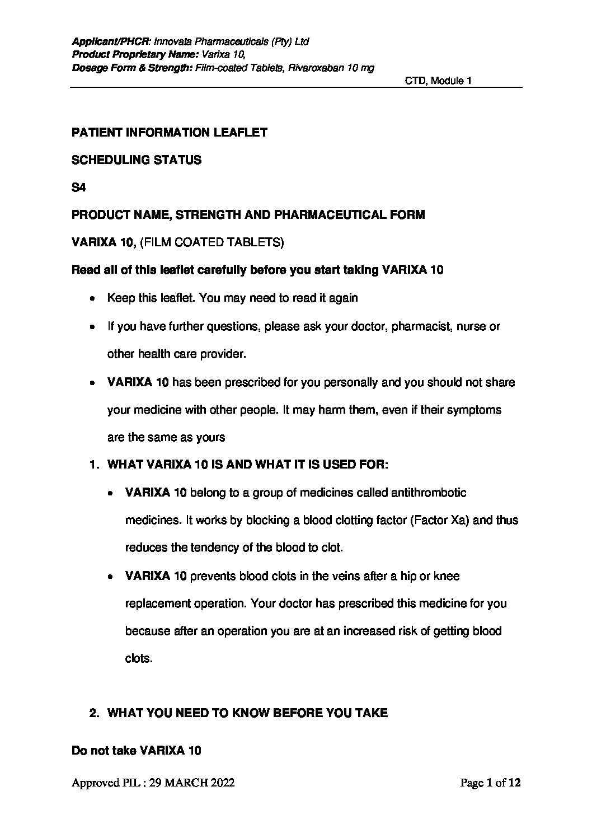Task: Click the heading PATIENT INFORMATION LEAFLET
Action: [170, 133]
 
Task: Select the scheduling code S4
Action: [78, 188]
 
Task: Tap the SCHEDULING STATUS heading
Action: [137, 160]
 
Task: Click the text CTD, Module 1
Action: [438, 81]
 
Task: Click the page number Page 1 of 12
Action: [490, 783]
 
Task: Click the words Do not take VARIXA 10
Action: [137, 751]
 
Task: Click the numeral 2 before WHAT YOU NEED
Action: [94, 713]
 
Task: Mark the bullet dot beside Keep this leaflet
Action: [92, 299]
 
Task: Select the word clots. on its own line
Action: [139, 658]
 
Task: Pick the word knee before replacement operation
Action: [447, 576]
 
